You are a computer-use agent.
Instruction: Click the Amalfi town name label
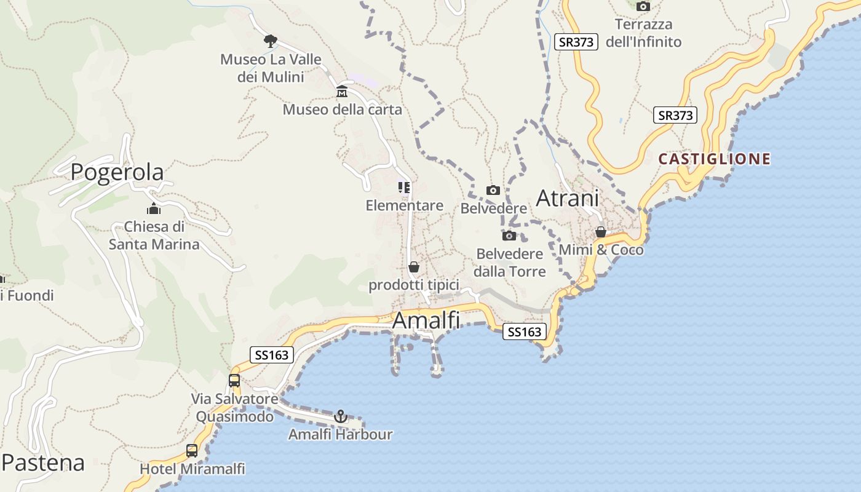click(x=426, y=320)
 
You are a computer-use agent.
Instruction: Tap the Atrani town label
click(x=567, y=199)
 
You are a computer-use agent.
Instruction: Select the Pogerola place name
click(x=117, y=172)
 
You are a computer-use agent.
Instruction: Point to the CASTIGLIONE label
click(x=714, y=159)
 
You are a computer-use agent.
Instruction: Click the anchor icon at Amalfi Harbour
click(x=340, y=417)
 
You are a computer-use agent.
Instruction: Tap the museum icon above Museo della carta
click(x=342, y=92)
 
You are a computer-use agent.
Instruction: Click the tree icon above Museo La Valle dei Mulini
click(x=270, y=41)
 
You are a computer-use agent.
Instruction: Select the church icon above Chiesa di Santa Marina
click(x=154, y=208)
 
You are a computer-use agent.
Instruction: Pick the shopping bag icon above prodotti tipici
click(x=414, y=268)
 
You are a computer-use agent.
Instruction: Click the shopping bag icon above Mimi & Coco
click(x=601, y=232)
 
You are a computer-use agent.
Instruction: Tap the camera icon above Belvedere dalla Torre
click(x=509, y=236)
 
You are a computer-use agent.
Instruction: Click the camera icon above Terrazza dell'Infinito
click(x=643, y=7)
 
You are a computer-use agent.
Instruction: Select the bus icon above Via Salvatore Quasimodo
click(x=234, y=381)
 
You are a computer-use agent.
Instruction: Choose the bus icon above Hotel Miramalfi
click(x=192, y=451)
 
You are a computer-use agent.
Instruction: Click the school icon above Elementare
click(x=404, y=188)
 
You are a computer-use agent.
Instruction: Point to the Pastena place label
click(x=43, y=462)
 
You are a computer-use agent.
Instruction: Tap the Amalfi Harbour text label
click(x=340, y=435)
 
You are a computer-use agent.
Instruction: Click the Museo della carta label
click(x=342, y=110)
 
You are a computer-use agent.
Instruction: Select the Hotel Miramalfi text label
click(x=192, y=469)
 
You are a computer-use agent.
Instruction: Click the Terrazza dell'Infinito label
click(x=643, y=33)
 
